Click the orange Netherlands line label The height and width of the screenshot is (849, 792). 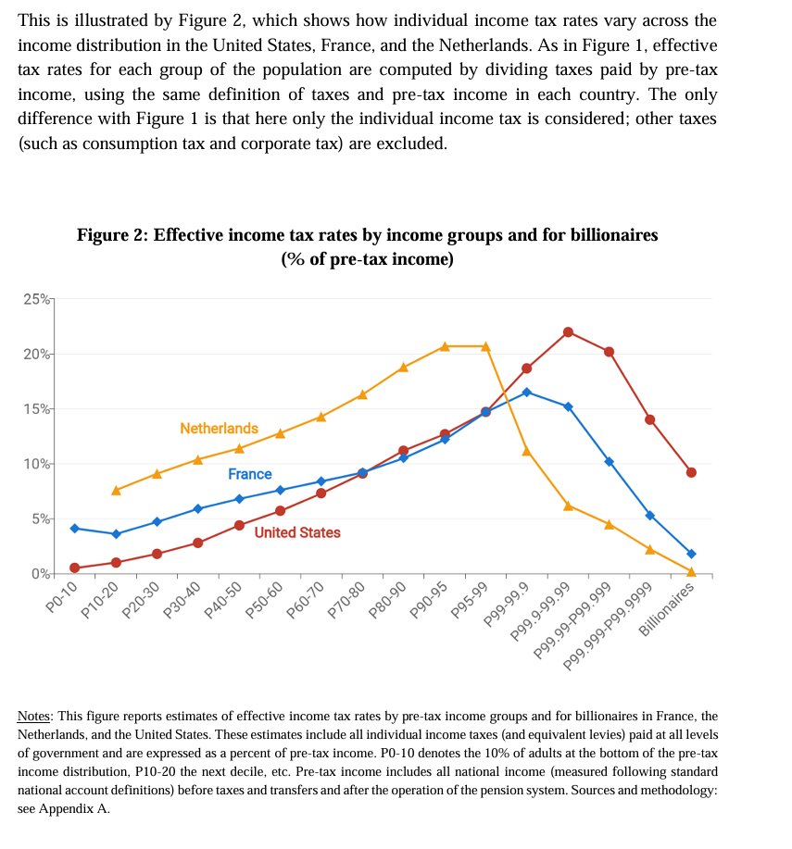click(219, 429)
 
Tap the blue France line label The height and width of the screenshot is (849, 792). click(249, 474)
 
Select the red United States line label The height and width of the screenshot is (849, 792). click(296, 532)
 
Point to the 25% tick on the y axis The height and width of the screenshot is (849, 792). click(38, 299)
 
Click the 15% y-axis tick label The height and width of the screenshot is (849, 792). click(38, 408)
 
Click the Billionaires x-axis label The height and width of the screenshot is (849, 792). click(669, 610)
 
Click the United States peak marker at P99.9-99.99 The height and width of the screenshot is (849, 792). click(568, 332)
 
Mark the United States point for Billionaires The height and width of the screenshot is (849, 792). click(691, 472)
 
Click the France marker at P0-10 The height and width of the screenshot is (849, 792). click(74, 528)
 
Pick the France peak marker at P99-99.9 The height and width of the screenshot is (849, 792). click(527, 393)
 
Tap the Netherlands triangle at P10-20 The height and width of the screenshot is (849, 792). click(116, 490)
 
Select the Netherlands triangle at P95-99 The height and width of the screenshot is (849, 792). click(485, 346)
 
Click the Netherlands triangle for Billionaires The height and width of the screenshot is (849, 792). click(691, 571)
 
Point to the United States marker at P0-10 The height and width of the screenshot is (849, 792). click(74, 568)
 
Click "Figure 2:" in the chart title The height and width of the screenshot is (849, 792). click(112, 235)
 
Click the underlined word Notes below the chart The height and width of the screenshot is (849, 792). click(34, 717)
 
